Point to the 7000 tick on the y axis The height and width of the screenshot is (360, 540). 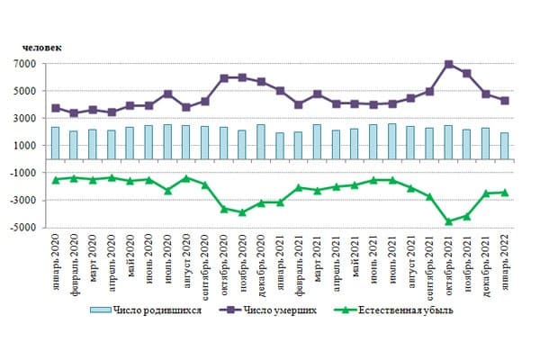24,64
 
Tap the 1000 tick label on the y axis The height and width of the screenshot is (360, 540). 24,146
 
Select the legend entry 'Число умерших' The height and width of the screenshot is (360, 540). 277,310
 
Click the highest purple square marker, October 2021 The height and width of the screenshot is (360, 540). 448,65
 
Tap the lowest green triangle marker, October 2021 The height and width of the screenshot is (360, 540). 448,221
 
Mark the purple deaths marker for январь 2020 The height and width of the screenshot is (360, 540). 55,108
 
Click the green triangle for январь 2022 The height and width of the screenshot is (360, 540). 505,192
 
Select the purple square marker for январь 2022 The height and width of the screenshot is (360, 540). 505,101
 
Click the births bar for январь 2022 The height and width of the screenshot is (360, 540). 505,145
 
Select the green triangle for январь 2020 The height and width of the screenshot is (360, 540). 55,180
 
